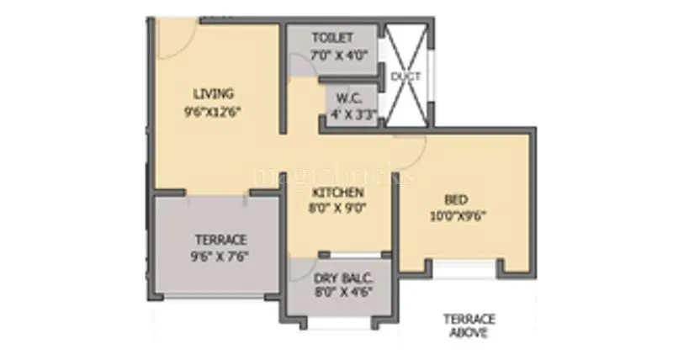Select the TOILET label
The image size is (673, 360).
pos(331,38)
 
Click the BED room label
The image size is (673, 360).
pos(456,200)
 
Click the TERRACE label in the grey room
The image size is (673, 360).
pos(215,240)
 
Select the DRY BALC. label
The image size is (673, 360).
pos(343,278)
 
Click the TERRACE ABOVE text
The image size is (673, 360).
pos(469,325)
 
